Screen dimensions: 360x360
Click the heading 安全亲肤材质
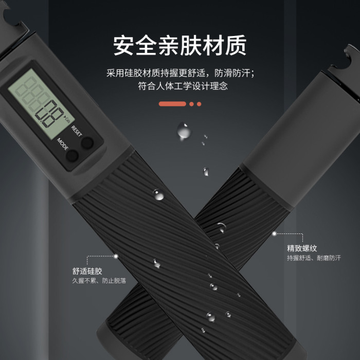pos(180,45)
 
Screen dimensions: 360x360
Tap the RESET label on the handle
pos(77,131)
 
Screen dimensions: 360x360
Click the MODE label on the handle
pos(62,144)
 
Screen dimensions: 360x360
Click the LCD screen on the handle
pos(41,104)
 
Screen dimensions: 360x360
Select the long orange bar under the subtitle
pos(172,104)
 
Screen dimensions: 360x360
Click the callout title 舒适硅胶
pos(87,271)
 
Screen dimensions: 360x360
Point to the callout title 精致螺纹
pos(302,248)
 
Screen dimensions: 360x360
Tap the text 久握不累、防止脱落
pos(99,281)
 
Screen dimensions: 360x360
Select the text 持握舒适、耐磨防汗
pos(314,258)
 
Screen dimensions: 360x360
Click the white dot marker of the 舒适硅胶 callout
pos(116,256)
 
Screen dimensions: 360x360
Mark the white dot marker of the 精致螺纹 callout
pos(274,233)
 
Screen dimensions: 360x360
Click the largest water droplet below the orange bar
pos(184,131)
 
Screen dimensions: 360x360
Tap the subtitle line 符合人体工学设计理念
pos(183,86)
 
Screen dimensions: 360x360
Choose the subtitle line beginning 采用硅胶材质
pos(181,73)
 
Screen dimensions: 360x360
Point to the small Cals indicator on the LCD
pos(67,119)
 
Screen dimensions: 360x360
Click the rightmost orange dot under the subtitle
pos(199,104)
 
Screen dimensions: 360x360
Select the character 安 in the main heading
pos(124,45)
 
